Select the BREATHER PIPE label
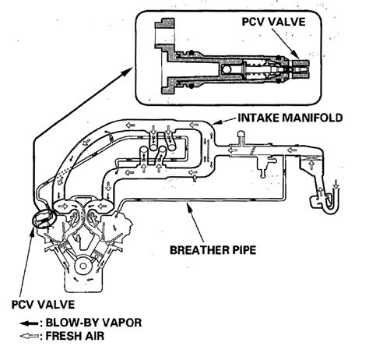(213, 250)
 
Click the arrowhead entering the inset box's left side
(132, 69)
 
